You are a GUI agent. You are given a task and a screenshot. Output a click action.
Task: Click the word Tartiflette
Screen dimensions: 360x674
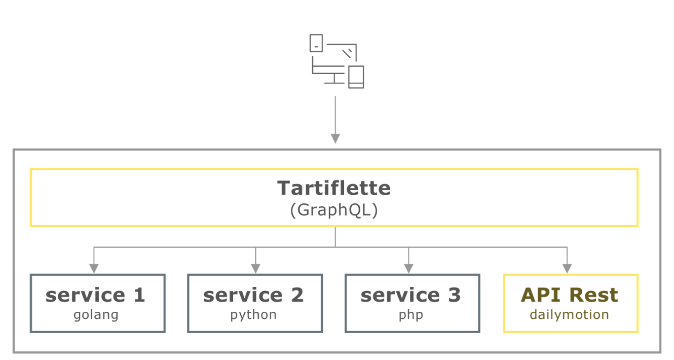click(334, 188)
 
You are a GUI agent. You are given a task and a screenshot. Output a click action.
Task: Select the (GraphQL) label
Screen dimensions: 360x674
click(334, 210)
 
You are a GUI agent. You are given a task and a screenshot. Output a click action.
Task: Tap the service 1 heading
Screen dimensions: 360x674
click(95, 295)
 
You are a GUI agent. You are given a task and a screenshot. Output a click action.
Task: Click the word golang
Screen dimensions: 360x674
click(96, 315)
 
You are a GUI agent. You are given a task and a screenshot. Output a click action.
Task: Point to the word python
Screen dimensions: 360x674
click(253, 315)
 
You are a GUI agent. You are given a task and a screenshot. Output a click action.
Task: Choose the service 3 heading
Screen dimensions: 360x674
click(410, 295)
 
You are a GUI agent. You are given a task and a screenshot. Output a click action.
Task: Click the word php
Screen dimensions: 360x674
click(411, 315)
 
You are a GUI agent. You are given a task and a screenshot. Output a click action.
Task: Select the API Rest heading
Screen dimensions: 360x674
click(570, 295)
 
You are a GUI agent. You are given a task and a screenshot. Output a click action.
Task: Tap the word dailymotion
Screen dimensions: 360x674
click(570, 315)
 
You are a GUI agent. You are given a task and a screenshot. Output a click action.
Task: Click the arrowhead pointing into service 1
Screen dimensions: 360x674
click(94, 268)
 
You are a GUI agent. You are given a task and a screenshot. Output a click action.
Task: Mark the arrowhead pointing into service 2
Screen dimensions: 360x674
click(255, 268)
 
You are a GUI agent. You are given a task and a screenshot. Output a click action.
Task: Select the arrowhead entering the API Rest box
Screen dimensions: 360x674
click(567, 268)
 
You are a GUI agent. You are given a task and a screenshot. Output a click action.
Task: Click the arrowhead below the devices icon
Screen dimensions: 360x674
click(335, 138)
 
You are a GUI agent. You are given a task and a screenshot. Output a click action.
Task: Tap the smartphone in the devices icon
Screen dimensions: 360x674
click(356, 77)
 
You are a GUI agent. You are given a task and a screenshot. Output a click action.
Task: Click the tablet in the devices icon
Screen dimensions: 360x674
click(316, 43)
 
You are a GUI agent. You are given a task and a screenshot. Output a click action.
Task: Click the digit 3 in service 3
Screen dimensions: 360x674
click(454, 295)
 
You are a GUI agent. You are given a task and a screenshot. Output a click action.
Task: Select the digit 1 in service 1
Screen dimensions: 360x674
click(139, 295)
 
